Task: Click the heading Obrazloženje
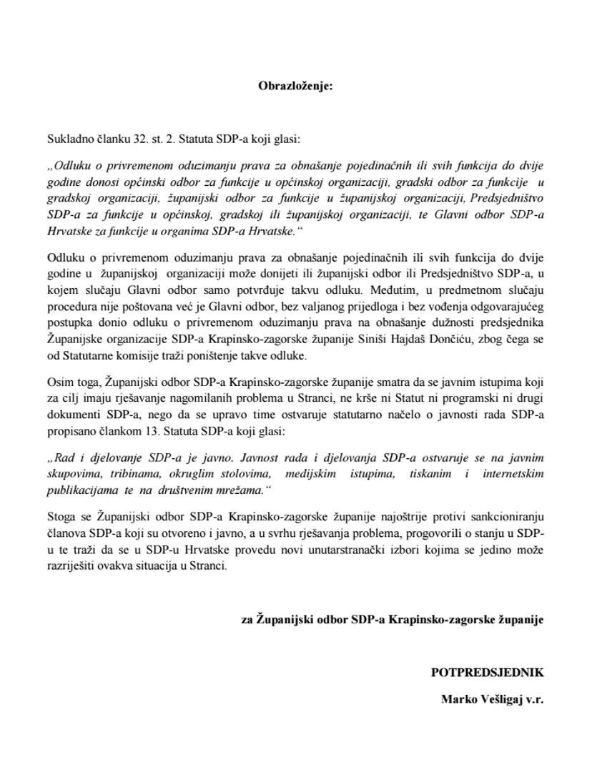[295, 86]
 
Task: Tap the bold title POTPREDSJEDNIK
[487, 673]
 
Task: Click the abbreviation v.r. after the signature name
[533, 700]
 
